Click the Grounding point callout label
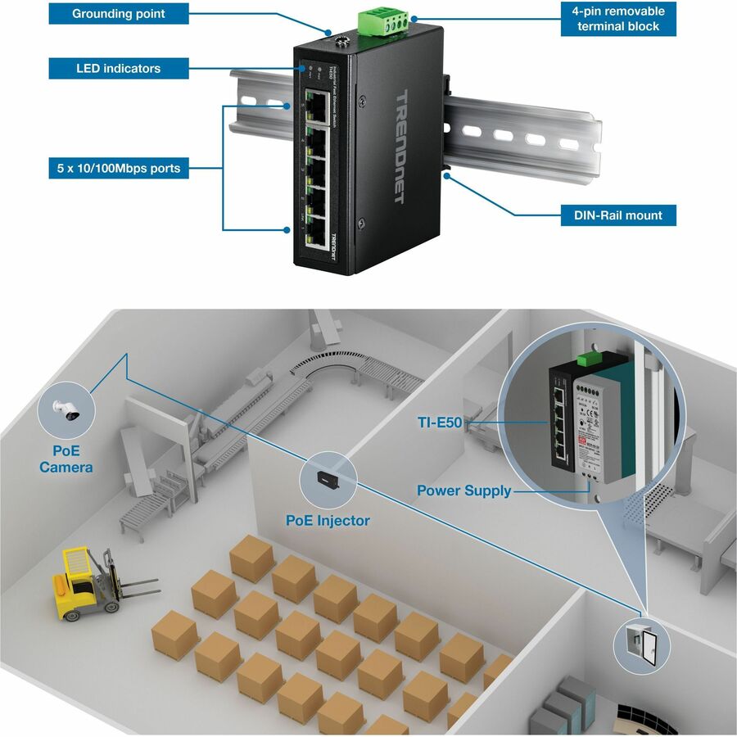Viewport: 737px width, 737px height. pos(118,14)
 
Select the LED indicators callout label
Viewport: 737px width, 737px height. pos(118,68)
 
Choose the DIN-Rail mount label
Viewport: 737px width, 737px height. pos(612,215)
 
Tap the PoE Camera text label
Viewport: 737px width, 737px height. pos(66,459)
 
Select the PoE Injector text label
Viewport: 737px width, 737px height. pos(328,520)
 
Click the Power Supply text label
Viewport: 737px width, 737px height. pos(463,491)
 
